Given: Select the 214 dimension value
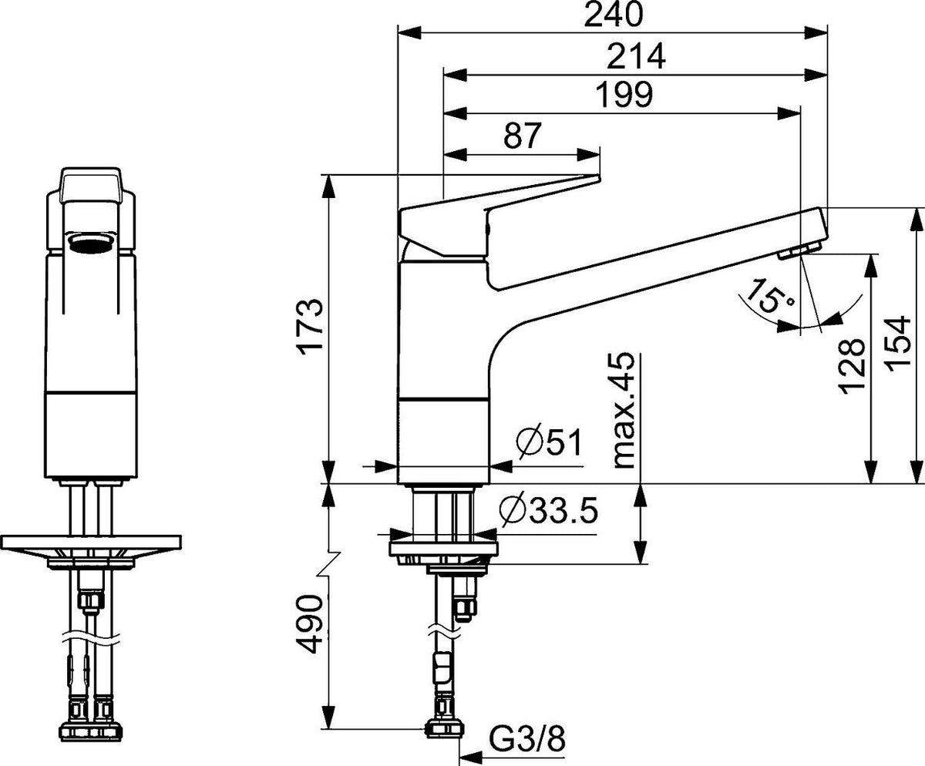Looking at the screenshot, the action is tap(636, 56).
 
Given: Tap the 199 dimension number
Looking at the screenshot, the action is tap(624, 94).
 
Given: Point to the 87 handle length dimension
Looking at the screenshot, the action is tap(523, 135).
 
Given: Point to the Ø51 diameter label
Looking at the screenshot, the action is tap(549, 443).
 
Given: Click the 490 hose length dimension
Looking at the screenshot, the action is tap(310, 625).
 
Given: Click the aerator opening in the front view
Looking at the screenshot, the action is tap(89, 244).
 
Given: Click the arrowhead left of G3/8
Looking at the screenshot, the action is tap(471, 755).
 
